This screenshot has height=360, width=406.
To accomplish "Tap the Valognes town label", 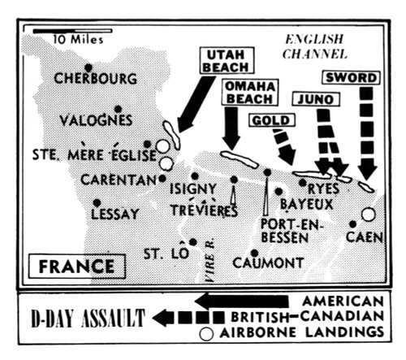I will click(96, 120).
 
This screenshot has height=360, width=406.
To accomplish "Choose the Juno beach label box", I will click(312, 99).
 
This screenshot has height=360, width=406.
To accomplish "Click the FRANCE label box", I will click(71, 266).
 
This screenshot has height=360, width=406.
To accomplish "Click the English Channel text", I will click(316, 47).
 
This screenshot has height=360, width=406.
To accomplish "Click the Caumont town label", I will click(267, 263).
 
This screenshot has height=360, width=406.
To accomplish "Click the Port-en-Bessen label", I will click(285, 230).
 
